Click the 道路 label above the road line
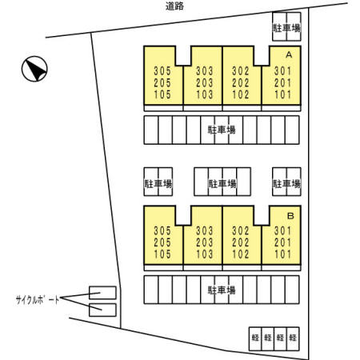tap(174, 6)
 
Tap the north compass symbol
tap(34, 69)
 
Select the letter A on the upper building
tap(289, 54)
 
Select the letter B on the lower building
tap(290, 215)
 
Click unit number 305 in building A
tap(162, 71)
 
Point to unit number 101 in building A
tap(283, 94)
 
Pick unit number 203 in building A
tap(205, 83)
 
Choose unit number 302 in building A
tap(241, 71)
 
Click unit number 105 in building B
tap(162, 254)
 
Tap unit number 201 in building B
tap(283, 242)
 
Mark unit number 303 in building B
tap(205, 231)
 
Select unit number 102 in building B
tap(241, 254)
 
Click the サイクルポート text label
tap(38, 300)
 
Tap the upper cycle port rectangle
tap(102, 293)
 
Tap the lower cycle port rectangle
tap(102, 310)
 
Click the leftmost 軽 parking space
tap(255, 338)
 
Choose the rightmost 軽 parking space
tap(293, 338)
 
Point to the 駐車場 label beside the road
tap(286, 28)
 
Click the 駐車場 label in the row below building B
tap(222, 290)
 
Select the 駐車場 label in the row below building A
tap(222, 130)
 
